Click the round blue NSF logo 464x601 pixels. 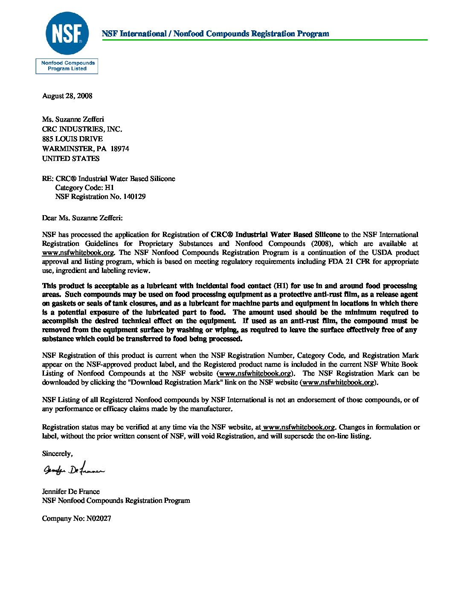[67, 34]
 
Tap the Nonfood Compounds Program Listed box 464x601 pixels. [67, 66]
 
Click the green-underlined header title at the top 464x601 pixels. [215, 34]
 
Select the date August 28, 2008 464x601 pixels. [67, 96]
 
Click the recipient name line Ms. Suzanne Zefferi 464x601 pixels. [73, 120]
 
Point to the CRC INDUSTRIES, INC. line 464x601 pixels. [82, 129]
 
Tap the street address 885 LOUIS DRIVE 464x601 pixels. [72, 139]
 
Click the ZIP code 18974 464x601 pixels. [120, 149]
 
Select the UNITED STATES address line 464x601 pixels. [71, 159]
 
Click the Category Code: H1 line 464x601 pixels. [84, 188]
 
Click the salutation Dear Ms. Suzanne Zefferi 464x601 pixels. [82, 218]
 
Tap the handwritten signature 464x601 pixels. [73, 470]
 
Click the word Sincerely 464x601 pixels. [57, 454]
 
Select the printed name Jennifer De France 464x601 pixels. [71, 492]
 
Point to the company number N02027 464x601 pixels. [99, 519]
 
